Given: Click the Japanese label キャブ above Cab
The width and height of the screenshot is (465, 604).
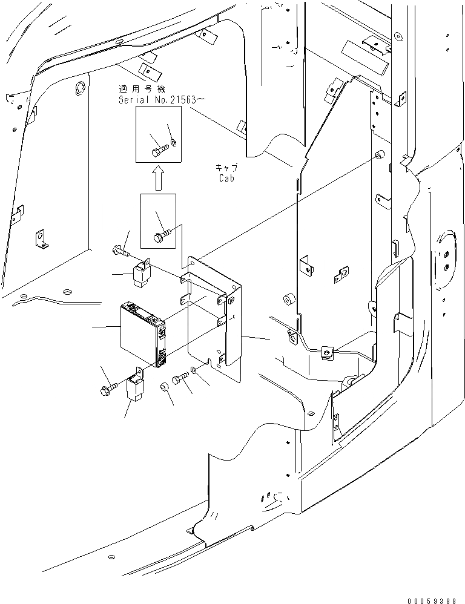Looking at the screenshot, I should (225, 168).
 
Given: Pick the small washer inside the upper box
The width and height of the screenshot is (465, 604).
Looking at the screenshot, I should (174, 142).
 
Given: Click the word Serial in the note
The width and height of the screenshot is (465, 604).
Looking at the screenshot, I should (133, 99).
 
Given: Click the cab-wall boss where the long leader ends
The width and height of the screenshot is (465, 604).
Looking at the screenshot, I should (378, 156).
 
